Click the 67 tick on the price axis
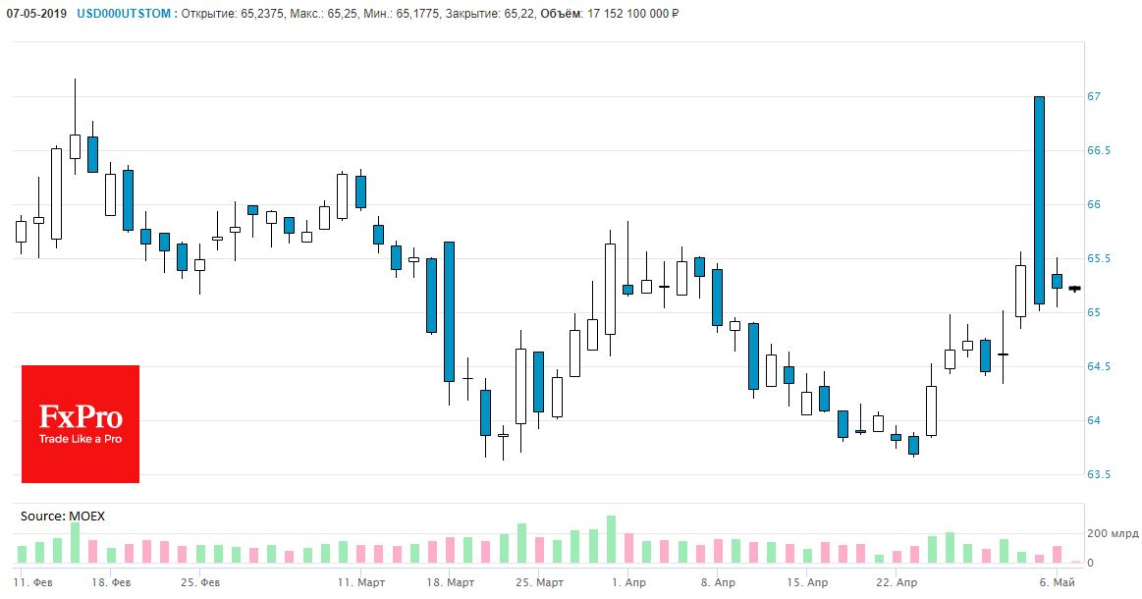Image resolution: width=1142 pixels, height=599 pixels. [x=1095, y=96]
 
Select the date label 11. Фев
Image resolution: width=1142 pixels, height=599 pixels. [x=34, y=582]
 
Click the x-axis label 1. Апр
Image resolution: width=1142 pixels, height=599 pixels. [x=628, y=582]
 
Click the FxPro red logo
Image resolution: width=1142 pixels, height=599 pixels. [x=81, y=423]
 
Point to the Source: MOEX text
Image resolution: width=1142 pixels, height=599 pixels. [x=62, y=516]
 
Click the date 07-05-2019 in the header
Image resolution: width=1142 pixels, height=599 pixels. [x=36, y=14]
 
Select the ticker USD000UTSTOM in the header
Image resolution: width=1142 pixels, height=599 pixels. [x=122, y=14]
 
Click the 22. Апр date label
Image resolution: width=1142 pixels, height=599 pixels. [x=896, y=582]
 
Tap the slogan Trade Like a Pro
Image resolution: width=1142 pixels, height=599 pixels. [x=81, y=439]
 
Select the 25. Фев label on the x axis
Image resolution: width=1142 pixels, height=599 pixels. [x=202, y=582]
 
